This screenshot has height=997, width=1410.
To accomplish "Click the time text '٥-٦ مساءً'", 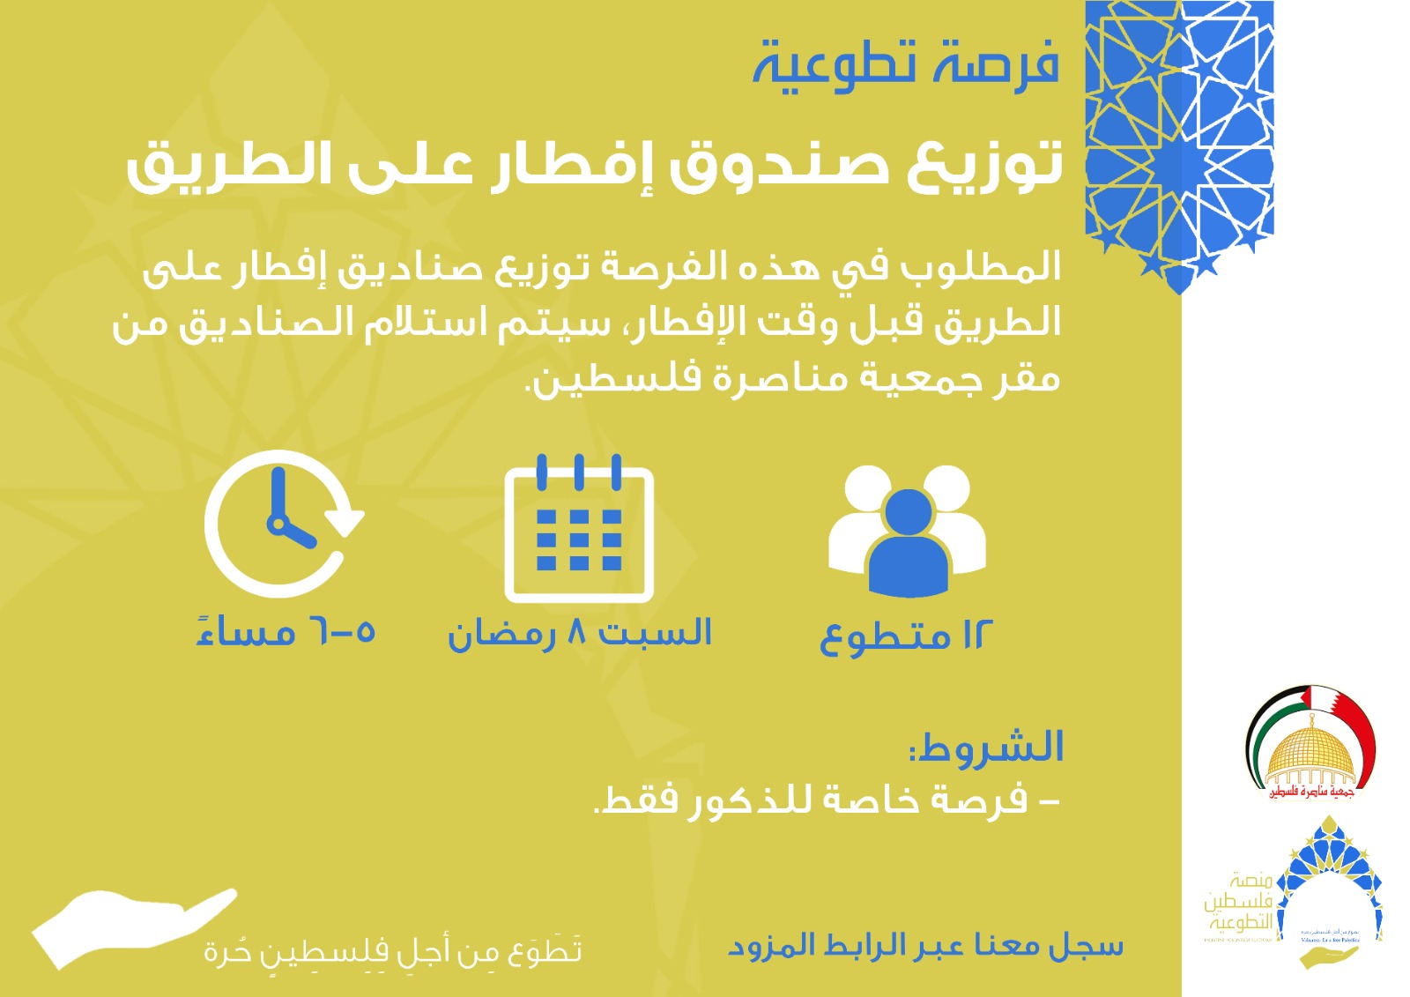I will coord(286,632).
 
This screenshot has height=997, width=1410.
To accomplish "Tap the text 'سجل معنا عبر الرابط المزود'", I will coord(925,946).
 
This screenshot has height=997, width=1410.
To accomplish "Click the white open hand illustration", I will coord(132,926).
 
